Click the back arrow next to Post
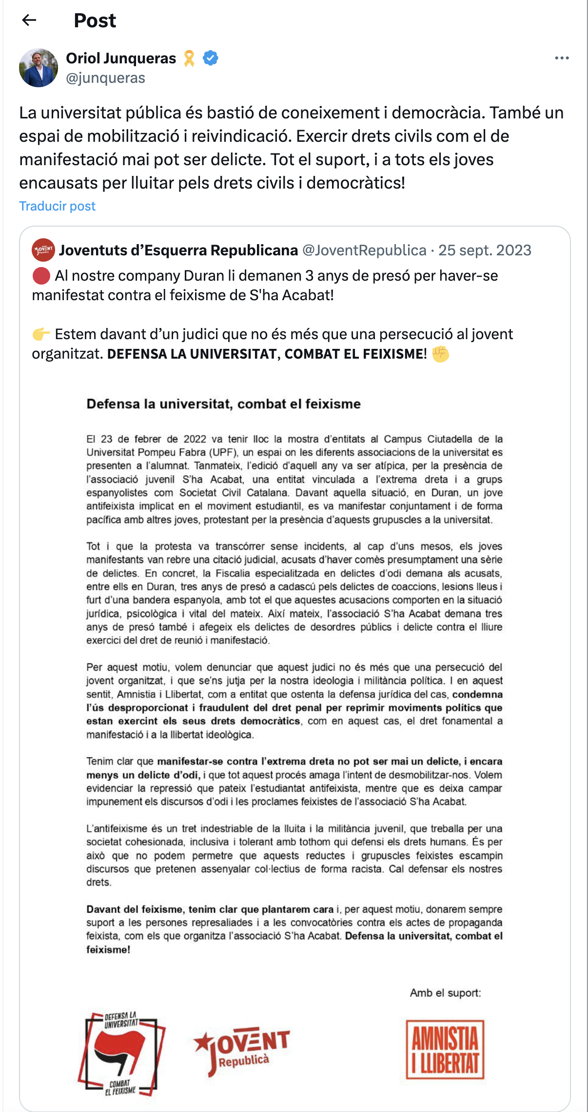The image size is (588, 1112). click(29, 20)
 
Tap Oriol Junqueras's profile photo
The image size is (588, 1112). click(39, 68)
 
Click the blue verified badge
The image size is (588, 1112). click(211, 58)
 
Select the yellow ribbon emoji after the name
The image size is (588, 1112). click(189, 58)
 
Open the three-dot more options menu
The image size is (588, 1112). click(562, 58)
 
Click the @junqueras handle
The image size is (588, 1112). click(105, 78)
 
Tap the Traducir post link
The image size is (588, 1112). click(57, 206)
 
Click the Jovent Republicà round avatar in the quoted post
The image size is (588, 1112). click(43, 250)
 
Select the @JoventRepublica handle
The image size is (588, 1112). click(364, 250)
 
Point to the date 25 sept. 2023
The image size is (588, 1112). click(485, 250)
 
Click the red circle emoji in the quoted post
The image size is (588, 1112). click(41, 276)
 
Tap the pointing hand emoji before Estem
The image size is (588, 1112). click(41, 334)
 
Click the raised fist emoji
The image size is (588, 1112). click(441, 354)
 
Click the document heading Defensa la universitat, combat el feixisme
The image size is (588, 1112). click(223, 404)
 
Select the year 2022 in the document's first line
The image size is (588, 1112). click(195, 439)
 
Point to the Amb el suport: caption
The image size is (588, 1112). click(445, 993)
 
